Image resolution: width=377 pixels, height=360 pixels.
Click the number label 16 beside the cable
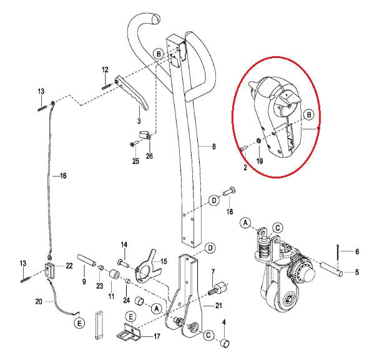click(62, 177)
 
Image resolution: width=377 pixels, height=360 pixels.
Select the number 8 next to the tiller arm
click(213, 147)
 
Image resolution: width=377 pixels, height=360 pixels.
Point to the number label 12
click(105, 69)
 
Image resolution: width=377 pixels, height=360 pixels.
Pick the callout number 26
click(149, 156)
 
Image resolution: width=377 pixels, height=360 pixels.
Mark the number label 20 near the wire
click(39, 302)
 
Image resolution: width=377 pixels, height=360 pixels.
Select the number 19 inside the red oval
click(259, 161)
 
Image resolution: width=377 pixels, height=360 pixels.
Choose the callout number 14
click(124, 245)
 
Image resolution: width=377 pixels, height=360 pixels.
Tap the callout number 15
click(164, 261)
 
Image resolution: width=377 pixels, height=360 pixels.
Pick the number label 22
click(69, 266)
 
